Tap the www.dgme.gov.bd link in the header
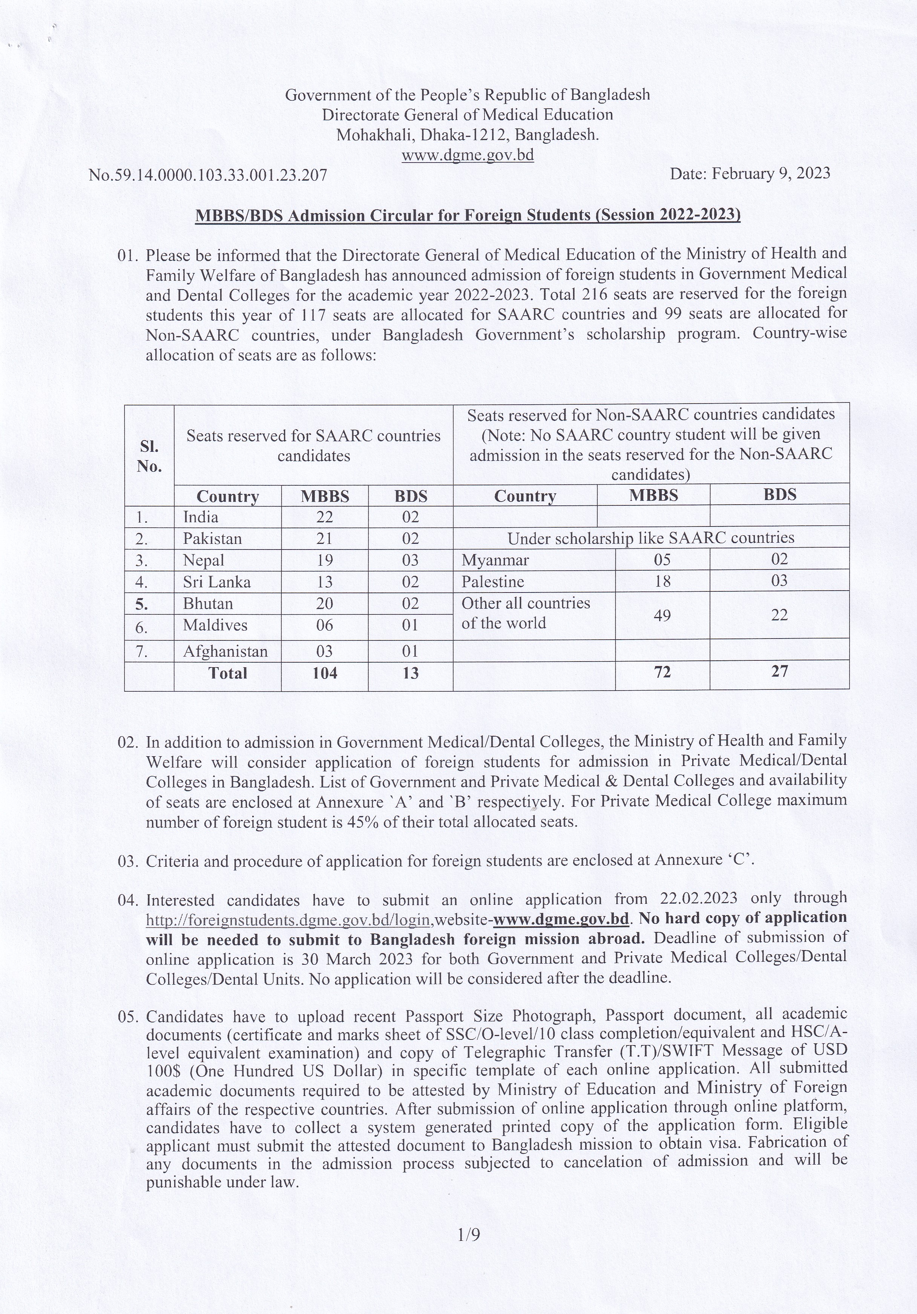coord(468,155)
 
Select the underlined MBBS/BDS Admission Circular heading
coord(468,215)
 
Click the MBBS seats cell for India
coord(324,517)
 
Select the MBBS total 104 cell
coord(324,673)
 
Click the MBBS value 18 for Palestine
coord(662,582)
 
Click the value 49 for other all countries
coord(662,615)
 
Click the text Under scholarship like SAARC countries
coord(650,538)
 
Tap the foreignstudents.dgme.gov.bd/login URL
coord(288,919)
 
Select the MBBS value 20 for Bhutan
coord(324,603)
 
